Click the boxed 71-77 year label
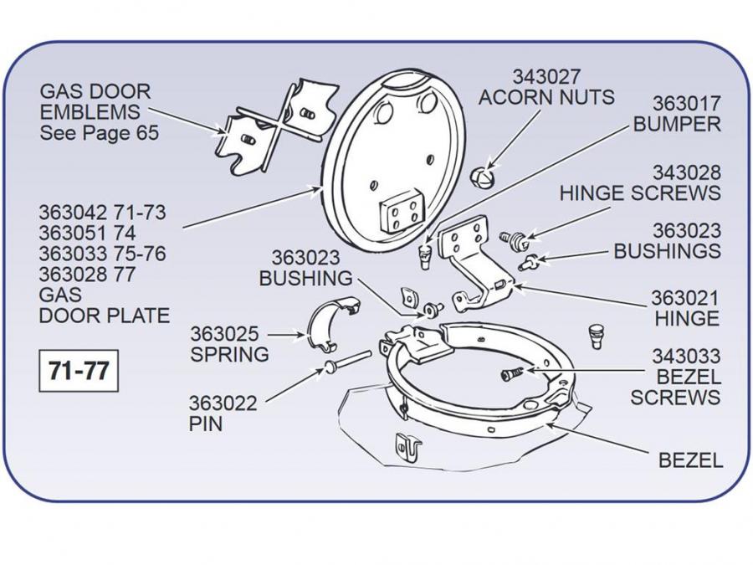(x=79, y=370)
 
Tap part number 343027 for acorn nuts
(x=546, y=76)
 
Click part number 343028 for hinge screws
(x=686, y=172)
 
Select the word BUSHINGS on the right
(x=667, y=250)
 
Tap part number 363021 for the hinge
(x=686, y=297)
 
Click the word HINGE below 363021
(x=686, y=318)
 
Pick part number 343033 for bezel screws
(x=686, y=357)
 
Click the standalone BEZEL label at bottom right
(x=690, y=460)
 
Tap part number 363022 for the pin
(x=223, y=403)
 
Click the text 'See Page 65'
(x=99, y=133)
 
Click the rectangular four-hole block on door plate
(x=401, y=214)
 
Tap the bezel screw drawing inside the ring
(x=511, y=374)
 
